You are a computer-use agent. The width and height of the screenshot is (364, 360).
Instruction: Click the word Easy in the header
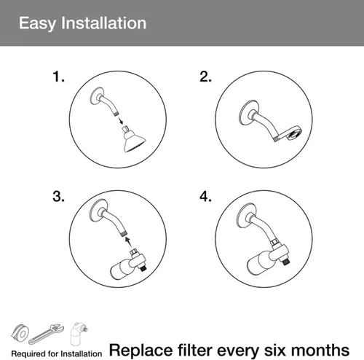click(x=37, y=24)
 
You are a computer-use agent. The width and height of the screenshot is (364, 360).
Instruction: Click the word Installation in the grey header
click(x=103, y=23)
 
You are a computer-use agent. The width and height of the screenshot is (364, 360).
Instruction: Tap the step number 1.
click(x=58, y=77)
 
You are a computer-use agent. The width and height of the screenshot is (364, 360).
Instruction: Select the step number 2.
click(x=205, y=77)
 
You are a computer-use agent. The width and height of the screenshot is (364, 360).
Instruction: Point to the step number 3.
click(x=58, y=196)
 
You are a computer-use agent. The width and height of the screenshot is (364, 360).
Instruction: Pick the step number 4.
click(x=205, y=196)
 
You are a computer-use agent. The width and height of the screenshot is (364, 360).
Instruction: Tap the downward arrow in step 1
click(x=120, y=120)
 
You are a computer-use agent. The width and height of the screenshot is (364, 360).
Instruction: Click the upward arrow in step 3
click(x=128, y=241)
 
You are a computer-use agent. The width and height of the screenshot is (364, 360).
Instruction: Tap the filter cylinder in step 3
click(x=121, y=269)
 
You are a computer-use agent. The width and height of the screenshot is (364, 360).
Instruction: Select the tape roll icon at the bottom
click(x=20, y=332)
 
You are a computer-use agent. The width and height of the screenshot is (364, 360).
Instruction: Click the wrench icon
click(x=46, y=334)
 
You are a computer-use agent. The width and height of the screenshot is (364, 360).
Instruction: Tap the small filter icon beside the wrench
click(x=78, y=334)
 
